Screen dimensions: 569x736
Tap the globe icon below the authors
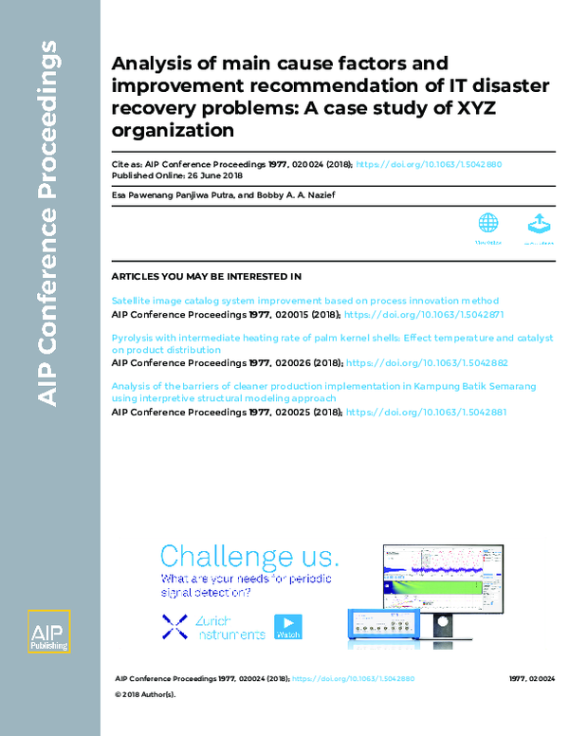487,224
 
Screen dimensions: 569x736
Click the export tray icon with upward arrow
538,224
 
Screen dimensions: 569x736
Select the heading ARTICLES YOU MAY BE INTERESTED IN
207,276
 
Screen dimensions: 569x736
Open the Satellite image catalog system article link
304,301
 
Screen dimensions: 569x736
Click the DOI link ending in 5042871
424,313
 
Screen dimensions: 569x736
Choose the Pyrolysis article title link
332,338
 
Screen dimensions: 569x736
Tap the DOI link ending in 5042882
428,362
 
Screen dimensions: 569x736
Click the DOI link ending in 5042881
427,413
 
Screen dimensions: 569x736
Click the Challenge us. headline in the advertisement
248,557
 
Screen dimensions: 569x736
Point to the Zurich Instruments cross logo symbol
174,625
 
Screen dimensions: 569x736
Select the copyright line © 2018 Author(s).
145,694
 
